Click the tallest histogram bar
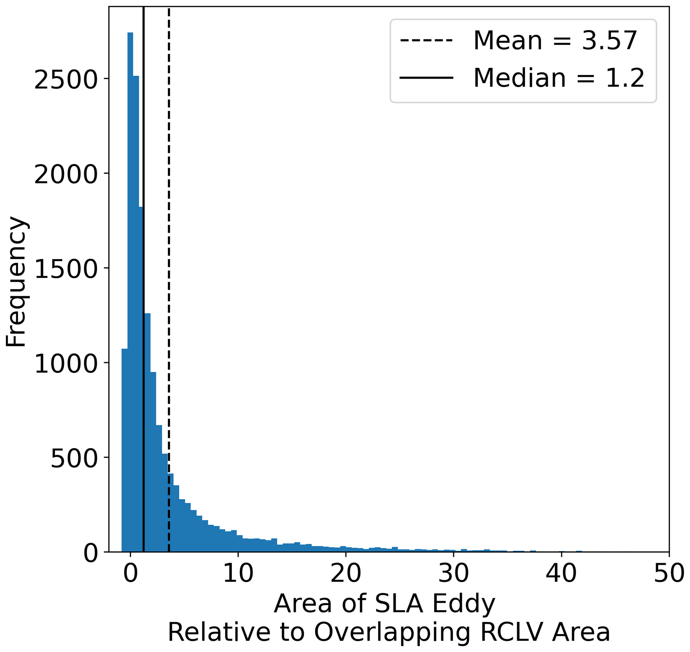pyautogui.click(x=130, y=278)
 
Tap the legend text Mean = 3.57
pyautogui.click(x=555, y=41)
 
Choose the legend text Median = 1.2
pyautogui.click(x=559, y=78)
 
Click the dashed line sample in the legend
pyautogui.click(x=426, y=41)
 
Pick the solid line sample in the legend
pyautogui.click(x=426, y=77)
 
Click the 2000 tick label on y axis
pyautogui.click(x=66, y=175)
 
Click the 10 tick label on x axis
pyautogui.click(x=238, y=574)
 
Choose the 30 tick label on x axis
pyautogui.click(x=453, y=574)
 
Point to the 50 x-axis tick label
pyautogui.click(x=668, y=574)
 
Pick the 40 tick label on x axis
pyautogui.click(x=561, y=574)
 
